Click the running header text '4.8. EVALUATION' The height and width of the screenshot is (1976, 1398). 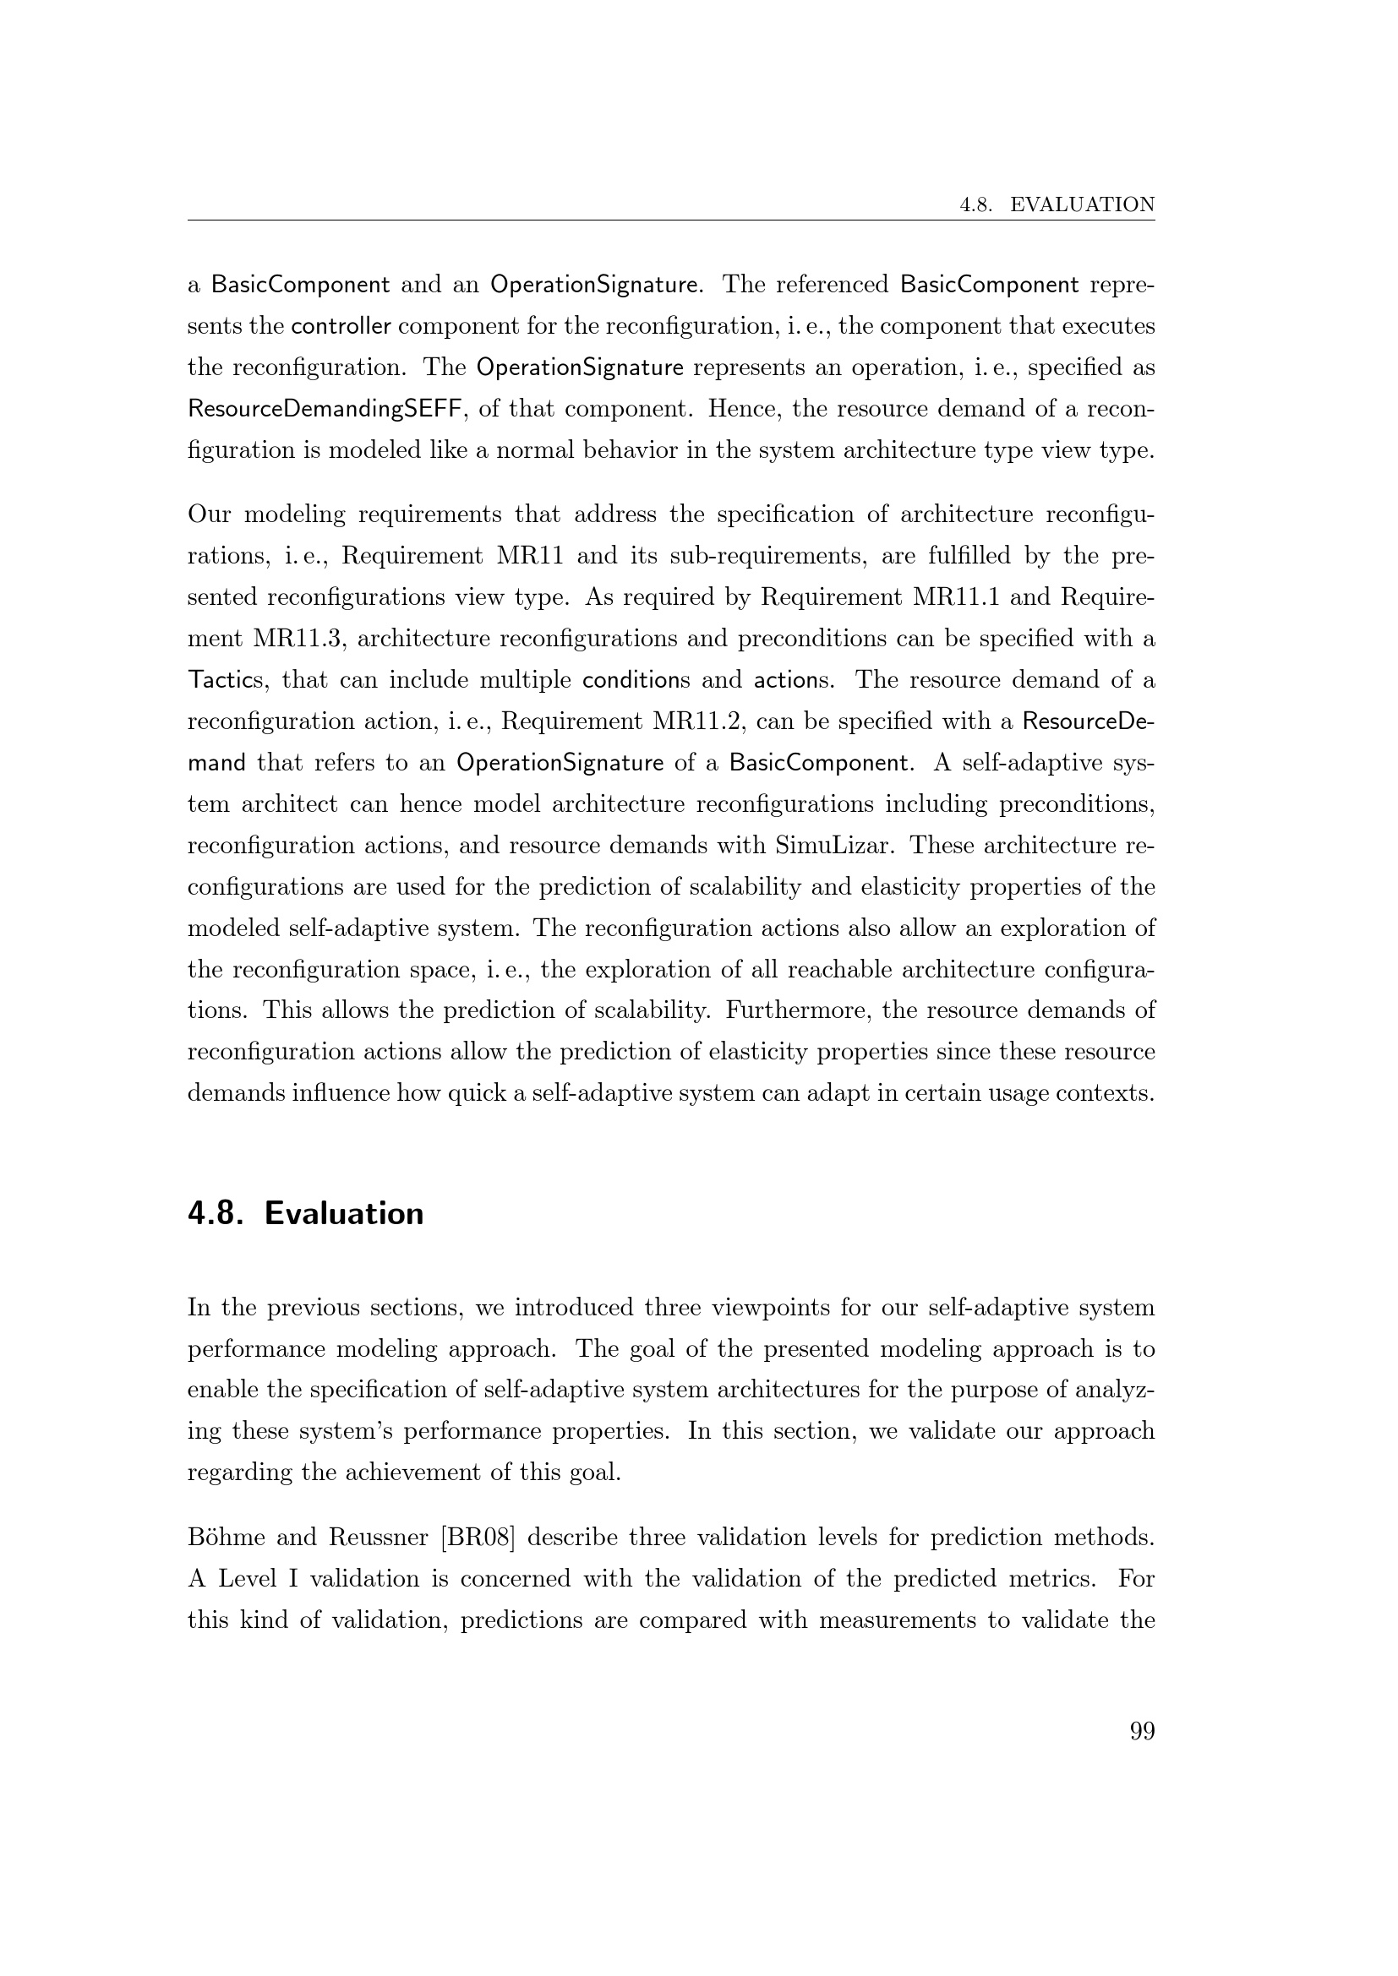coord(1057,204)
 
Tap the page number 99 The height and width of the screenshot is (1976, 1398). coord(1141,1732)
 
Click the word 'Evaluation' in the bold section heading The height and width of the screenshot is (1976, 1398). coord(343,1213)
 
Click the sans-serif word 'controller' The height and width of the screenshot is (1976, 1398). coord(341,326)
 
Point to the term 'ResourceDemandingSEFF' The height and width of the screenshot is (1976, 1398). coord(326,409)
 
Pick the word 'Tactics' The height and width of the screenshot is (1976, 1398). coord(225,681)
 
